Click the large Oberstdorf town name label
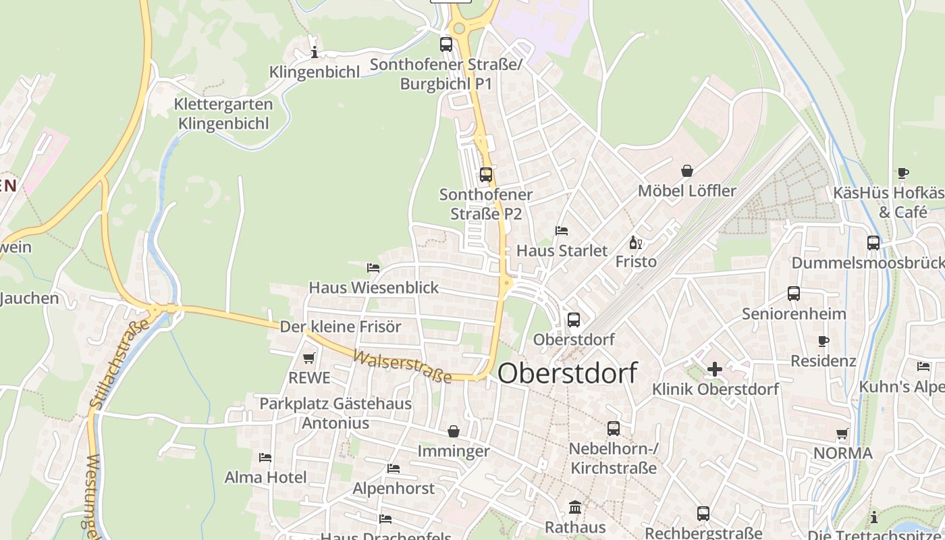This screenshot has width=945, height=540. point(567,373)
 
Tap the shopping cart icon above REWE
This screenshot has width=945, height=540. point(309,358)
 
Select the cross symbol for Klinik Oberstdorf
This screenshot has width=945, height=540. point(715,369)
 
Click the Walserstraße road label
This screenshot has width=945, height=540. point(402,367)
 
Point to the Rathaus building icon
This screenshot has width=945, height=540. point(575,507)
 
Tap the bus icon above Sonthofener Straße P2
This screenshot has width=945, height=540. point(486,175)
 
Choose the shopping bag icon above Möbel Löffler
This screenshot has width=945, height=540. point(687,171)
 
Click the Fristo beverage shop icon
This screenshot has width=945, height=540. point(635,242)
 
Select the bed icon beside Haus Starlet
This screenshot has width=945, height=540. point(562,231)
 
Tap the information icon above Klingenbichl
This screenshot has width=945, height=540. point(314,52)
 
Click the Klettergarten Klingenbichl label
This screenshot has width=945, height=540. point(223,113)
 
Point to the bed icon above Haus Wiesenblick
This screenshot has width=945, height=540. point(373,268)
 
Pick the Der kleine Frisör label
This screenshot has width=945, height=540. point(340,327)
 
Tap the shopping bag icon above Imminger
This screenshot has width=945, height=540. point(454,431)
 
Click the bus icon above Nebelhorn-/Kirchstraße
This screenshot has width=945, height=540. point(614,429)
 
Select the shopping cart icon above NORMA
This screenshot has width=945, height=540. point(842,433)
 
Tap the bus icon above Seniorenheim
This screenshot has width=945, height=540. point(794,294)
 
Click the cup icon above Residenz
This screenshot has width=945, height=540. point(823,341)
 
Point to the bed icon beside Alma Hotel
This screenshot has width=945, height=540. point(265,458)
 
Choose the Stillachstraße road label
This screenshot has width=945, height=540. point(119,364)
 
